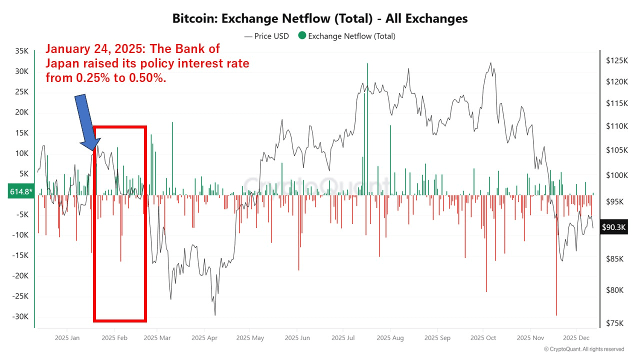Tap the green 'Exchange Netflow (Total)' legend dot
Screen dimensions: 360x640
[x=301, y=36]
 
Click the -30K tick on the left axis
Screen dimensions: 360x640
[x=21, y=316]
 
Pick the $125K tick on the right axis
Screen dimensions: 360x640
[x=616, y=60]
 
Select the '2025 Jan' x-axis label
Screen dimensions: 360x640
[x=68, y=338]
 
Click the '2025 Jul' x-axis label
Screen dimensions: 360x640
[x=343, y=338]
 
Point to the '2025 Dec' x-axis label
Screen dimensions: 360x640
[x=576, y=338]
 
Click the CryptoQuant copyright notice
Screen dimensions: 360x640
[x=583, y=349]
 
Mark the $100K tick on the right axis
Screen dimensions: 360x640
[x=616, y=175]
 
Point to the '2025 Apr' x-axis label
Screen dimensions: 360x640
[x=205, y=338]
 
